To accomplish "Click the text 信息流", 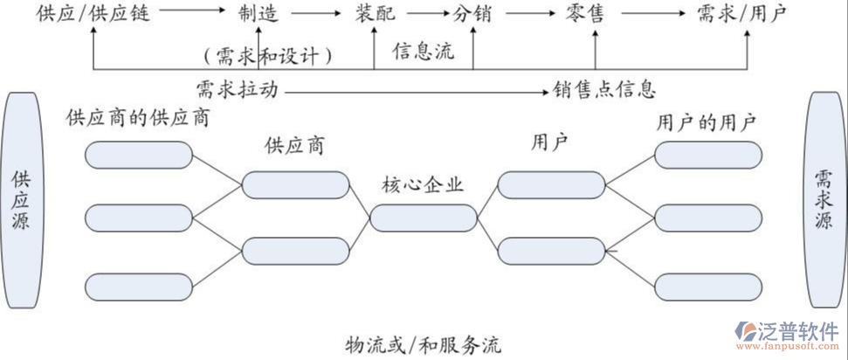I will coord(424,51).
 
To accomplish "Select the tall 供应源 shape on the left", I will coord(20,200).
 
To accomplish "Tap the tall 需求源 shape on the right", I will coord(824,200).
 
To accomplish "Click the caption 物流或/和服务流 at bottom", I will coord(424,343).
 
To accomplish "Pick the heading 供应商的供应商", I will coord(138,117).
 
